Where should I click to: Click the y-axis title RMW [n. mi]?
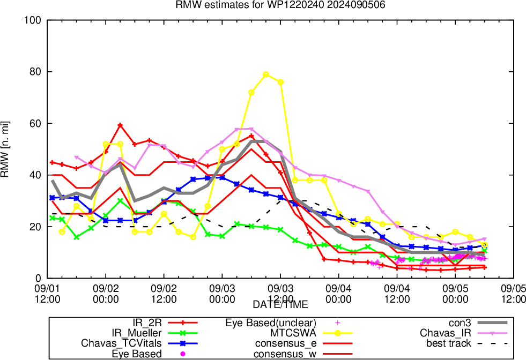coord(7,149)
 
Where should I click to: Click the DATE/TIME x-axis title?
coord(280,305)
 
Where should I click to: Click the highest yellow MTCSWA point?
coord(266,74)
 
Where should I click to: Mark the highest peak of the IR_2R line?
coord(120,125)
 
